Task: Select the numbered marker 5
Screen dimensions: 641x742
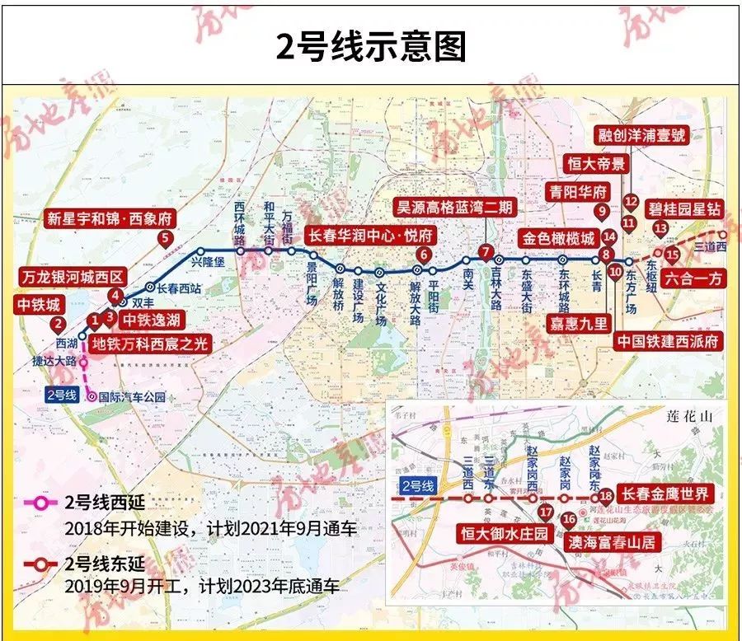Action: tap(166, 240)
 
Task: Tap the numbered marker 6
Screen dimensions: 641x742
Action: tap(423, 255)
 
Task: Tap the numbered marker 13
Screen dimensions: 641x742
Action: tap(660, 228)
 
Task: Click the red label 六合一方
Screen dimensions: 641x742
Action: tap(694, 279)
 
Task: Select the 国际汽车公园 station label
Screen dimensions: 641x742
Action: tap(132, 397)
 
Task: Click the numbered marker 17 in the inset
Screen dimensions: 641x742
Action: tap(545, 512)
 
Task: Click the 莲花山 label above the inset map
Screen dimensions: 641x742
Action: tap(687, 418)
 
